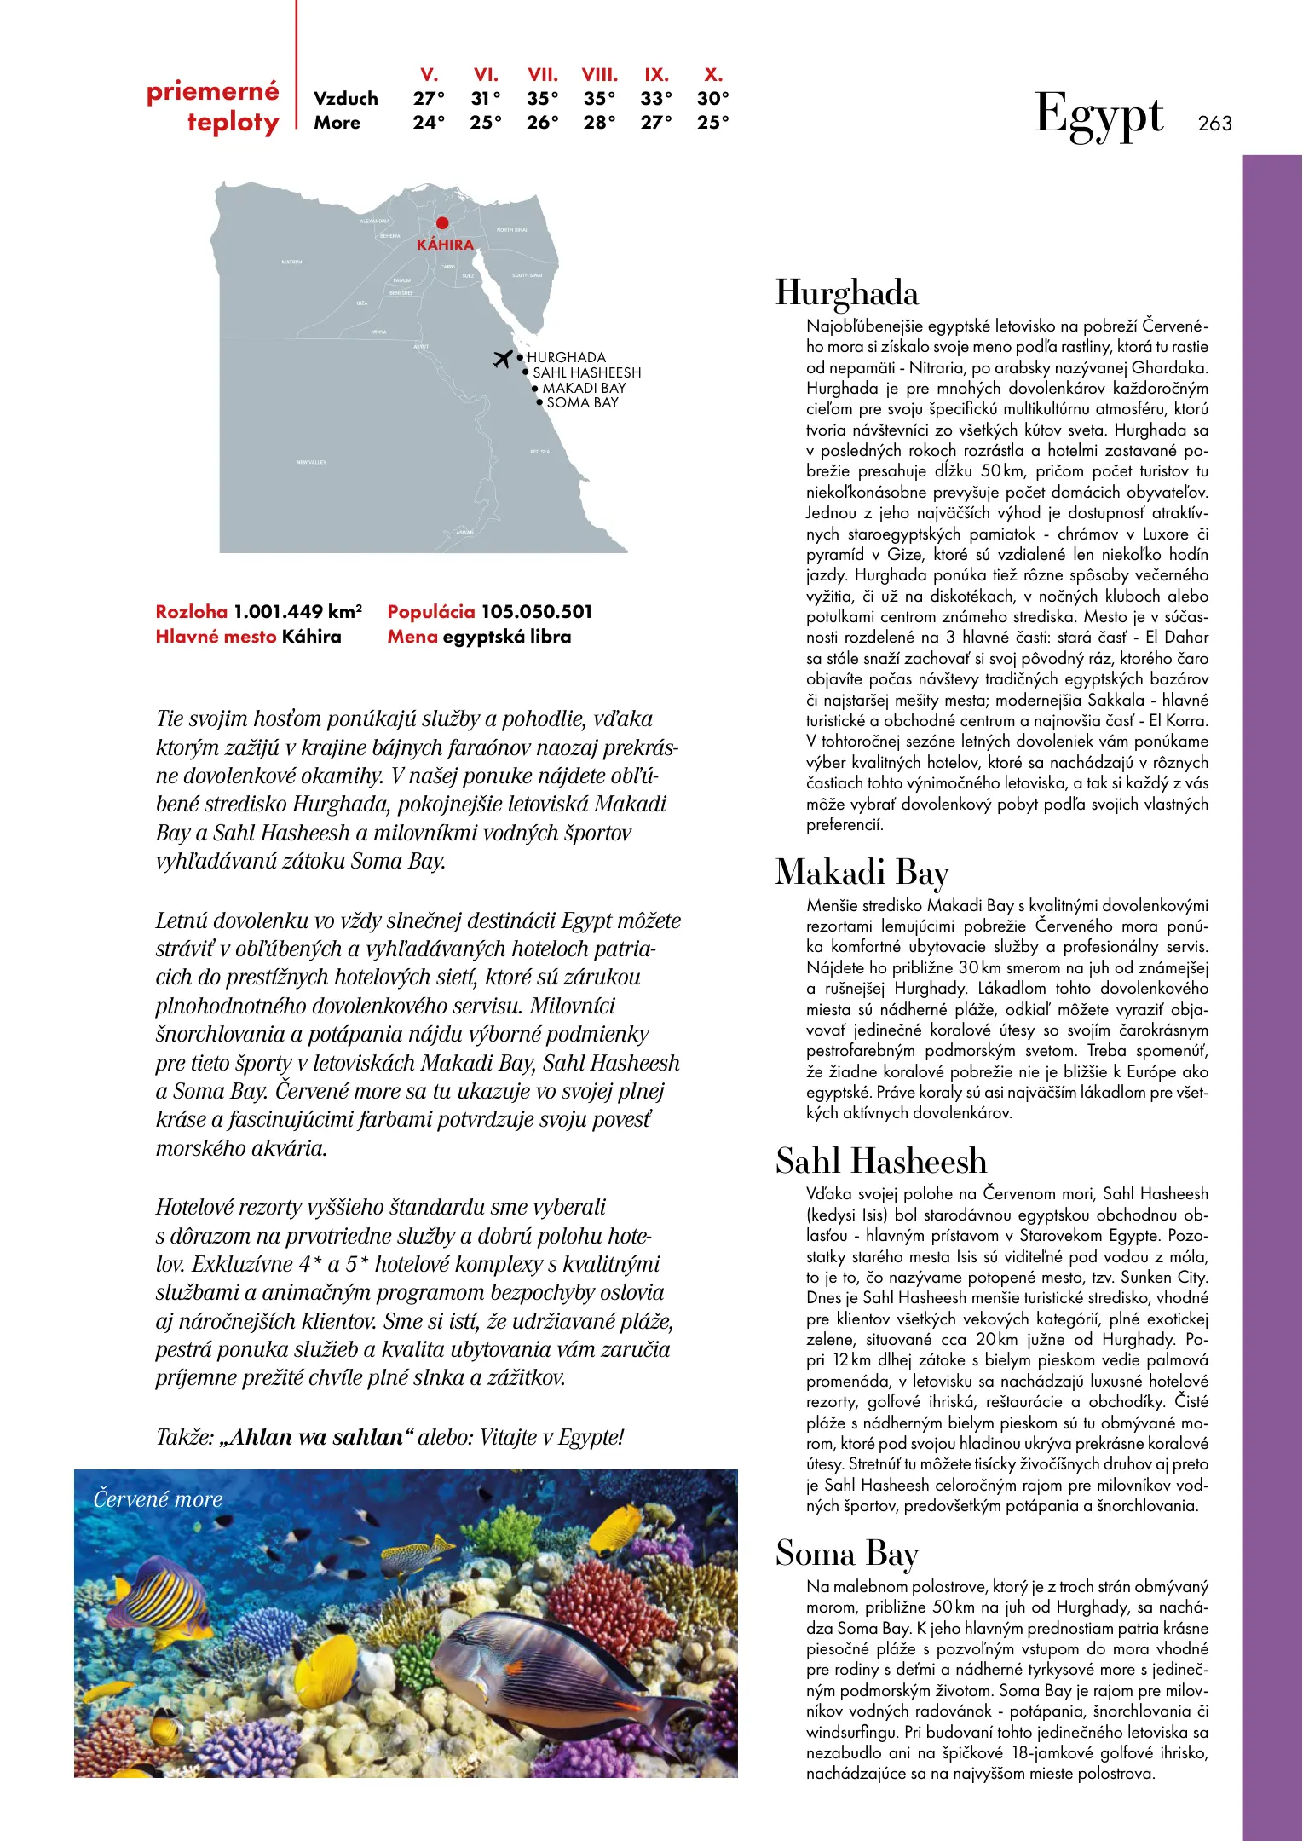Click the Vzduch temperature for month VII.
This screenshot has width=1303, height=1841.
click(x=542, y=99)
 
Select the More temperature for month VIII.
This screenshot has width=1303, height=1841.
click(x=599, y=123)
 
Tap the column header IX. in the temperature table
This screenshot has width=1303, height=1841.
click(x=656, y=75)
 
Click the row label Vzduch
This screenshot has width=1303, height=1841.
click(x=345, y=99)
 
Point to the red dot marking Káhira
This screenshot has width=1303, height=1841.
click(x=442, y=223)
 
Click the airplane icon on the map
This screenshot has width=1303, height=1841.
click(x=503, y=359)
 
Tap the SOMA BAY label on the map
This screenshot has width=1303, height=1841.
click(x=582, y=402)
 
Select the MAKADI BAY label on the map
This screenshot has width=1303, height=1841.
click(x=584, y=388)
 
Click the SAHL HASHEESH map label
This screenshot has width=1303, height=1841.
click(x=586, y=372)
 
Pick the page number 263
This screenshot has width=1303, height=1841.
click(x=1214, y=124)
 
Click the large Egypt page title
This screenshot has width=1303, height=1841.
click(x=1098, y=116)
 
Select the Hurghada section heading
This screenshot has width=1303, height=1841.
click(x=847, y=293)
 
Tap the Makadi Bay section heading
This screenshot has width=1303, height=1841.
click(x=862, y=873)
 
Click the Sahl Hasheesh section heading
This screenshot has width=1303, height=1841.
click(x=881, y=1162)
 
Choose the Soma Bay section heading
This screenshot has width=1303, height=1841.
click(x=847, y=1554)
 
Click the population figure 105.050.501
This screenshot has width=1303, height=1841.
click(x=536, y=612)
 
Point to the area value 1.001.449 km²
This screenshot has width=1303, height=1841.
click(x=297, y=612)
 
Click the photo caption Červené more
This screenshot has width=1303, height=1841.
click(x=158, y=1499)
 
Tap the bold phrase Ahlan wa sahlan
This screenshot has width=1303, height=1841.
click(x=316, y=1438)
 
